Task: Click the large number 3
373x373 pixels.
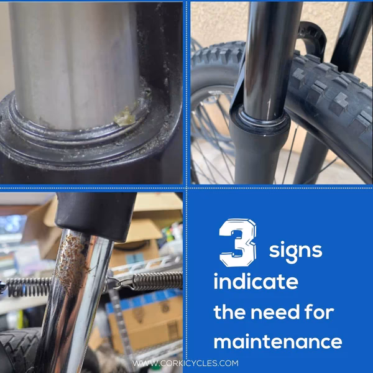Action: point(237,243)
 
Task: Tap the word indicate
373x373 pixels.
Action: point(256,281)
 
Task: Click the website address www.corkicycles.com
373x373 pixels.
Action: point(185,363)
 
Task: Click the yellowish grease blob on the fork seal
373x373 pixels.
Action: point(125,117)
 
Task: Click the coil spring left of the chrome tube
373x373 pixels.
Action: point(28,287)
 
